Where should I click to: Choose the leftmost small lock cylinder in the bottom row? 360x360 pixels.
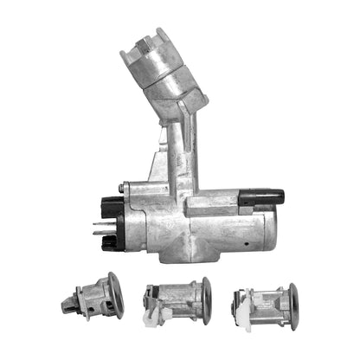93,297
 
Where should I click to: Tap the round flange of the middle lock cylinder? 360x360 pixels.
206,300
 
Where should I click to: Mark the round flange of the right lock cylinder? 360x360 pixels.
292,305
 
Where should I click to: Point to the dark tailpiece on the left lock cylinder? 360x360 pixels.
71,302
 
